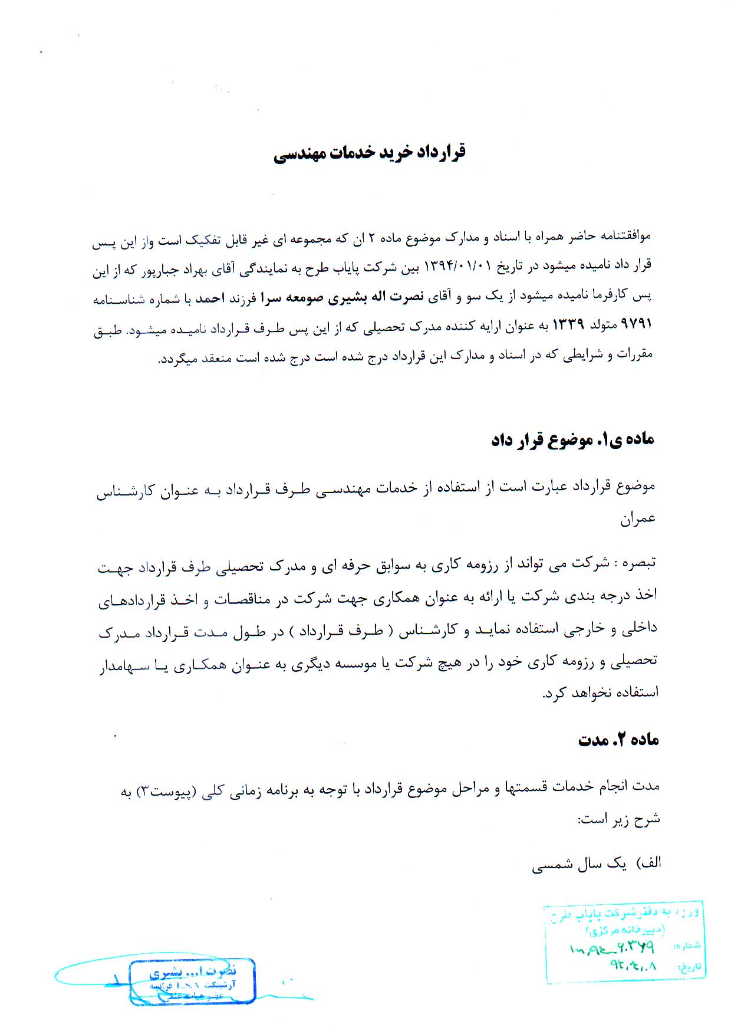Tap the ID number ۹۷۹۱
[637, 326]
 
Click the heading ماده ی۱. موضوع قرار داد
[572, 439]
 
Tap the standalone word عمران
[638, 518]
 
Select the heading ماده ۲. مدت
[618, 740]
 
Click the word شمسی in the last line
[551, 864]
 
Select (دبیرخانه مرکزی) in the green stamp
[625, 930]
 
